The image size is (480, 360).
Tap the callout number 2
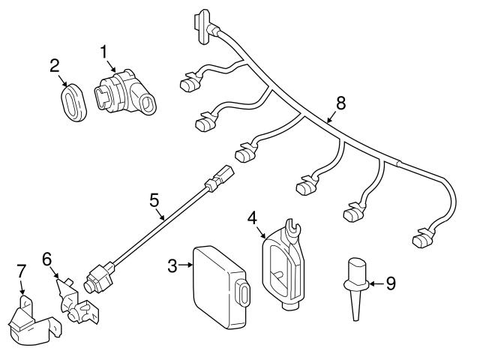pyautogui.click(x=55, y=65)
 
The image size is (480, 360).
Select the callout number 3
pyautogui.click(x=172, y=265)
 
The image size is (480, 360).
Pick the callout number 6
pyautogui.click(x=46, y=259)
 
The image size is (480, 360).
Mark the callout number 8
pyautogui.click(x=341, y=103)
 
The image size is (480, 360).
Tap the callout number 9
pyautogui.click(x=389, y=283)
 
